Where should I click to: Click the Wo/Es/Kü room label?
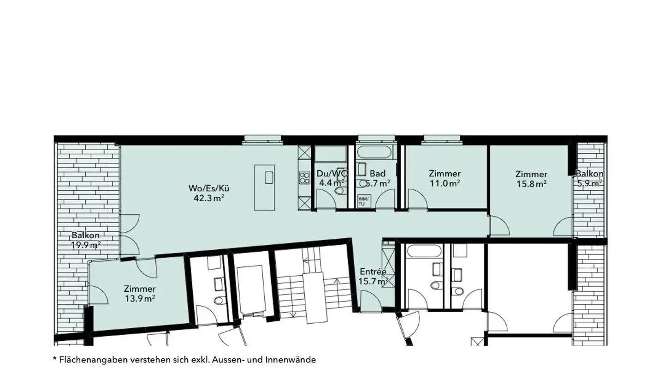[209, 188]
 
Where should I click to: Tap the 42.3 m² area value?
[209, 198]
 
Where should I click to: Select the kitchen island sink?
[269, 177]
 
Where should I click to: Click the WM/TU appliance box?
[362, 201]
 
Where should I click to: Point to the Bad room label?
[378, 173]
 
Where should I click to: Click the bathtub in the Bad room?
[375, 152]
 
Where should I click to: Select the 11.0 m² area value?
[445, 183]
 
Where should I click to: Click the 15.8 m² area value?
[532, 184]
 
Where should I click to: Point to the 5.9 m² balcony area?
[589, 183]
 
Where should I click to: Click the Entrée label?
[373, 271]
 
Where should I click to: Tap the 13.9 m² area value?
[140, 299]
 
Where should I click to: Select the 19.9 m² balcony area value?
[86, 245]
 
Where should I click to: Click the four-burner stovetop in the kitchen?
[304, 178]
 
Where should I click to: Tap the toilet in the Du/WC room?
[340, 190]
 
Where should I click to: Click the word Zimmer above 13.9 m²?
[140, 289]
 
